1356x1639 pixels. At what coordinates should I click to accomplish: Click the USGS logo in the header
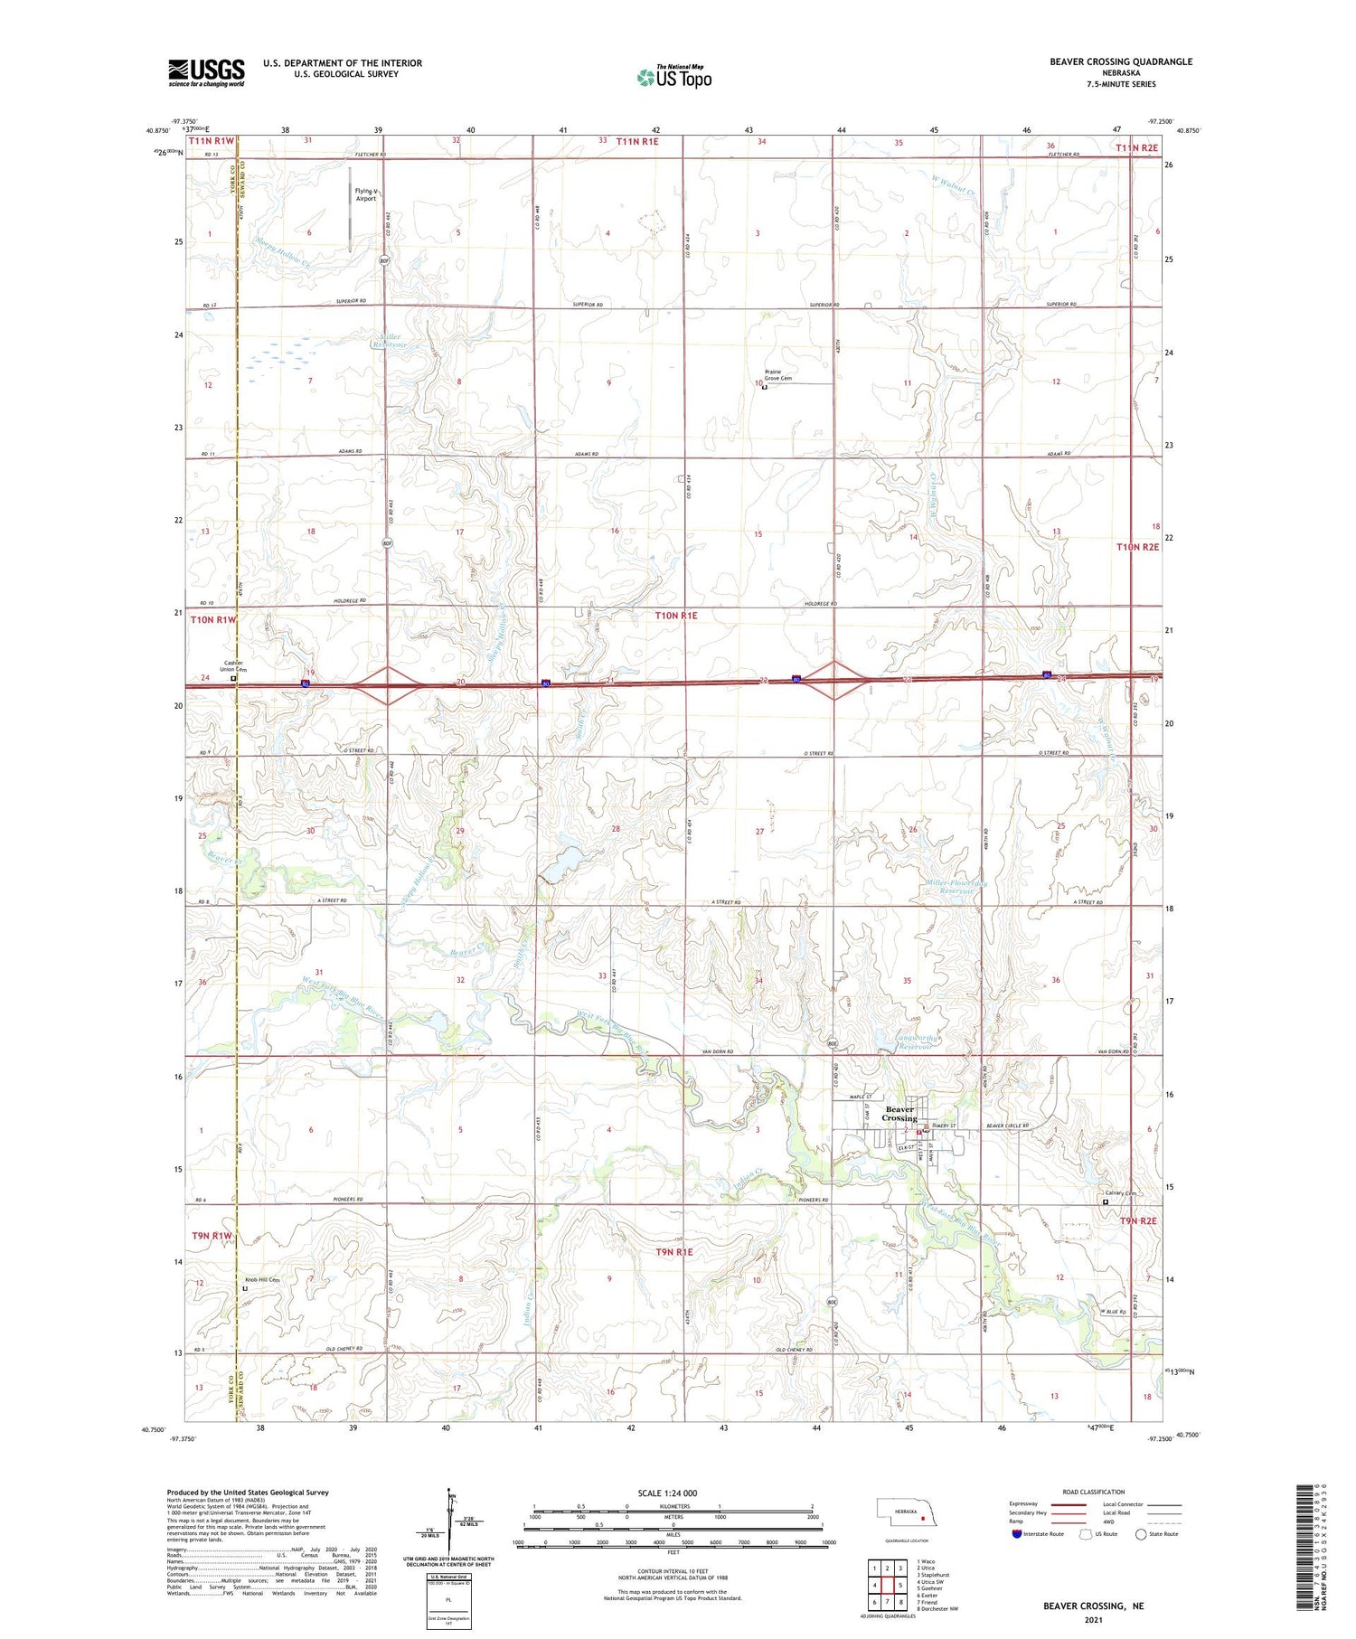coord(206,72)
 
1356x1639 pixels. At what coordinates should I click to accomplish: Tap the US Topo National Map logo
coord(673,76)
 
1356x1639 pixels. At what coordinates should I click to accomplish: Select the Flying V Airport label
coord(365,194)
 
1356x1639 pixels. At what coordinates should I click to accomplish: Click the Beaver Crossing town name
coord(899,1114)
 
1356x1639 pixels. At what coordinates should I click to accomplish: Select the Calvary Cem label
coord(1119,1192)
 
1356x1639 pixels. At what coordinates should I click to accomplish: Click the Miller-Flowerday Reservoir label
coord(956,887)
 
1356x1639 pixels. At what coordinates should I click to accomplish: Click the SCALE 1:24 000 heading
coord(667,1493)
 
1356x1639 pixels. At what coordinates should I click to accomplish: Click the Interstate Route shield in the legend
coord(1017,1534)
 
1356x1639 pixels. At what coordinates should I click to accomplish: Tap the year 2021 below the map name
coord(1093,1619)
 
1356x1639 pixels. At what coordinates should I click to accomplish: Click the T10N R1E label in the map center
coord(675,615)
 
